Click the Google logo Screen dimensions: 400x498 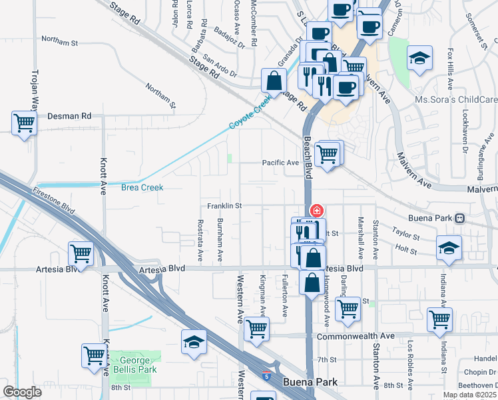coord(22,392)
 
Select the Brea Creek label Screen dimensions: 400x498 coord(142,188)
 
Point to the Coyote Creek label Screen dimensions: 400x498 coord(250,112)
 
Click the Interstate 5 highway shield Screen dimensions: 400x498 coord(268,376)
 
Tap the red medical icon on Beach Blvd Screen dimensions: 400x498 coord(317,211)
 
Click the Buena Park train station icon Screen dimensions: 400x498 coord(460,218)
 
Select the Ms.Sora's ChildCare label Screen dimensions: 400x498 coord(456,99)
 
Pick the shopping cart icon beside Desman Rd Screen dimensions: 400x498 coord(24,123)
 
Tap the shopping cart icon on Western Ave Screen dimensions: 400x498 coord(257,328)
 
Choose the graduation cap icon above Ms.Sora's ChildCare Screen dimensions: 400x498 coord(420,58)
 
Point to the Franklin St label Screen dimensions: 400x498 coord(223,206)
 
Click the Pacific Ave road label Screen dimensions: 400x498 coord(280,163)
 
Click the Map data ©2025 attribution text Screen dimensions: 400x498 coord(469,395)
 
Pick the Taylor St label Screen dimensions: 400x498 coord(405,236)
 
